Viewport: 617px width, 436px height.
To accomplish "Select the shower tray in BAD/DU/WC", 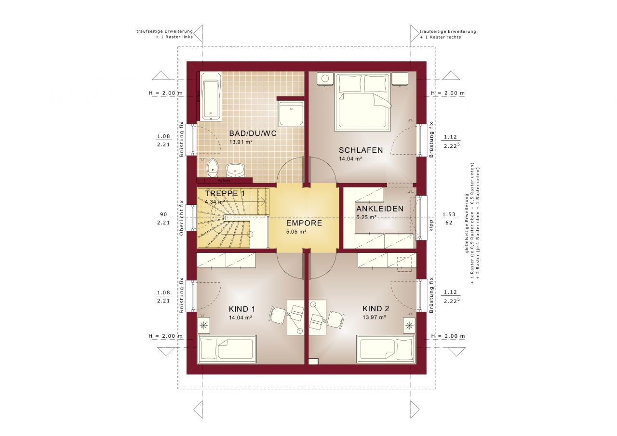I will pos(291,114).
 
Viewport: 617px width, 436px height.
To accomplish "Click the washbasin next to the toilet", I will pos(235,170).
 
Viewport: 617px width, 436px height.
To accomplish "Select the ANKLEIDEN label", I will pos(379,209).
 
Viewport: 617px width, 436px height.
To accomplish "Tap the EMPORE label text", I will pos(304,224).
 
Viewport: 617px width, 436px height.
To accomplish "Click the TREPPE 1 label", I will pos(225,193).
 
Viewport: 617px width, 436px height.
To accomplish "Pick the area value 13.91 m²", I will pos(241,142).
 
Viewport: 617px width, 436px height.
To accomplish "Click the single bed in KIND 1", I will pos(225,349).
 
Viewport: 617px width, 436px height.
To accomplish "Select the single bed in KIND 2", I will pos(386,349).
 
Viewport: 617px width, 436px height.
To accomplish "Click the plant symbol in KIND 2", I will pos(409,326).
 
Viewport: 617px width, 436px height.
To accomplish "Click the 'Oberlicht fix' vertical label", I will pos(182,218).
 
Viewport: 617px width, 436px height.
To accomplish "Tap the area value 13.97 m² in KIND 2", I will pos(374,317).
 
